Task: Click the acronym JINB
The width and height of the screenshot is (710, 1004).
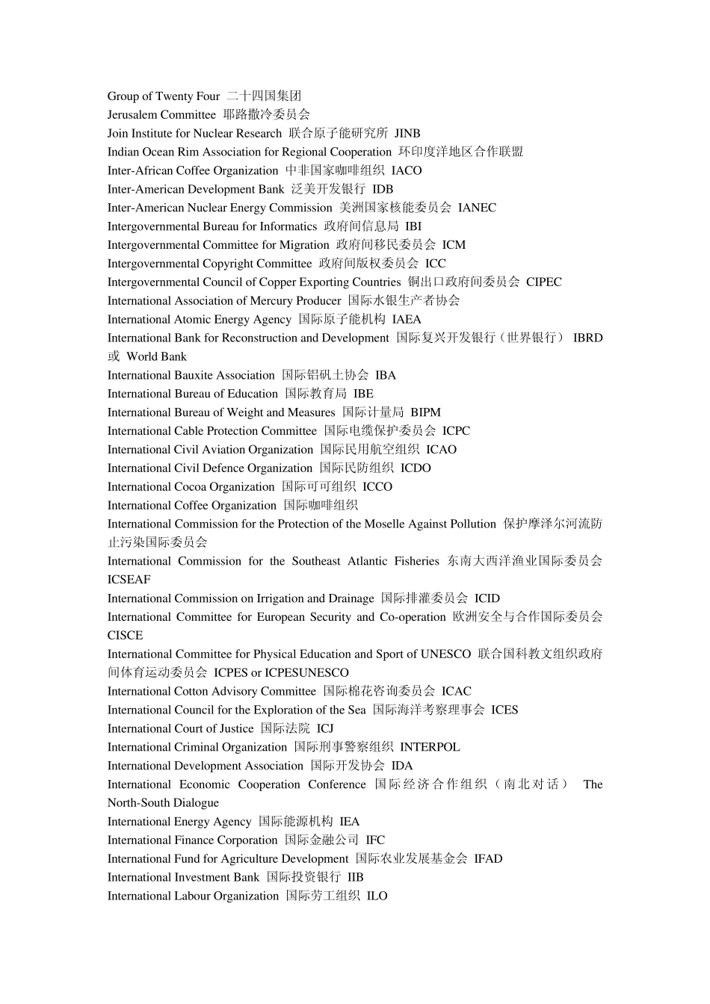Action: [407, 134]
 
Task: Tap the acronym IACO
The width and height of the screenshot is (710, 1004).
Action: [407, 171]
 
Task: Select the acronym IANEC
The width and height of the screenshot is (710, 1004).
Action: [477, 208]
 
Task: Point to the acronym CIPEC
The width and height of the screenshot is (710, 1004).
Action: [543, 282]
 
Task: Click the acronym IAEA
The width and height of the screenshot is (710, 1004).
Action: [407, 320]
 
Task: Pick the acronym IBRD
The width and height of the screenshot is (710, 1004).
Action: [587, 338]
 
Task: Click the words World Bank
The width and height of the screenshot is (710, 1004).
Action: [156, 357]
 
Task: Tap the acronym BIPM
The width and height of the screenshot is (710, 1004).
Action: [425, 412]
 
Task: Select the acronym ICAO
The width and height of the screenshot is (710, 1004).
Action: [441, 450]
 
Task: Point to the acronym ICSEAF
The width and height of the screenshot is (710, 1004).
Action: [129, 580]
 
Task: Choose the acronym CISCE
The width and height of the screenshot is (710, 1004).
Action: [125, 636]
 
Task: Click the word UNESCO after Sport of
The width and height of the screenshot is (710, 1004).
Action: [445, 654]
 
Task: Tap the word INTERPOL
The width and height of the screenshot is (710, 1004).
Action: [430, 748]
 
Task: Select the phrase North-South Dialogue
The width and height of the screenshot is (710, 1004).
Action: [163, 803]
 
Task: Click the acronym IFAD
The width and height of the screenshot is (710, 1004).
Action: [488, 859]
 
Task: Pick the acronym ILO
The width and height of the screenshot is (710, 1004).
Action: [377, 896]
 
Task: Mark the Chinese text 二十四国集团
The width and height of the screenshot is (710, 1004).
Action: [264, 96]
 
